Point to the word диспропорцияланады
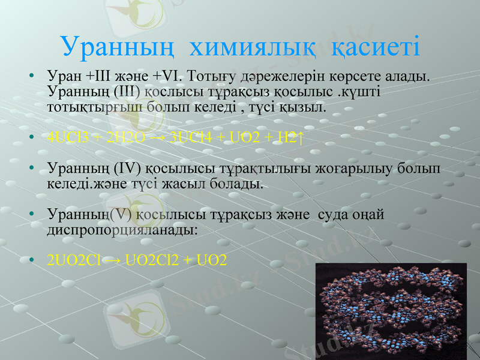click(121, 229)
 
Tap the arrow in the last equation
click(113, 260)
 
